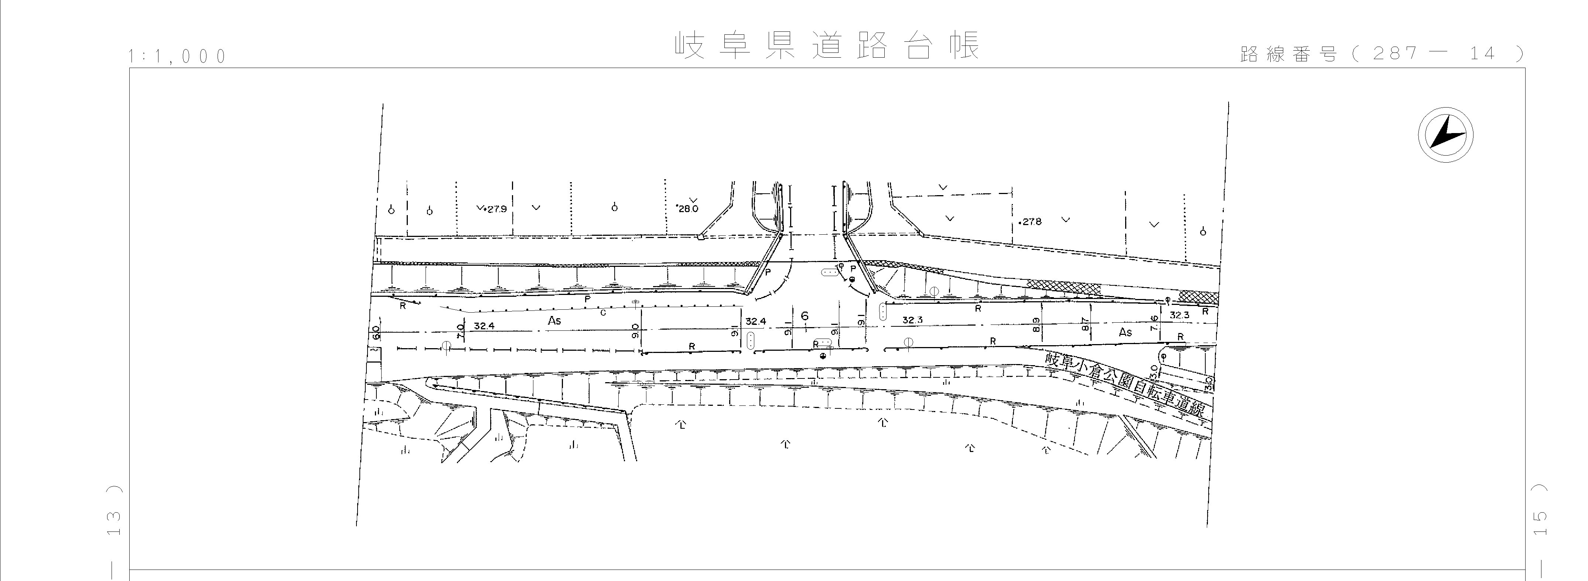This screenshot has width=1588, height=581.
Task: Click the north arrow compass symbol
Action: (x=1445, y=135)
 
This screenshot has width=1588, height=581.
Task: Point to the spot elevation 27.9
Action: (x=495, y=209)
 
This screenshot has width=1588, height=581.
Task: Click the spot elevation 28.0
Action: (x=688, y=208)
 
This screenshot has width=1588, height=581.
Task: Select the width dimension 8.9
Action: (x=1036, y=325)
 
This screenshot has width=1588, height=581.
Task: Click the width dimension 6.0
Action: (x=375, y=334)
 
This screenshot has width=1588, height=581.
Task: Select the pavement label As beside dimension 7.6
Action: (x=1126, y=332)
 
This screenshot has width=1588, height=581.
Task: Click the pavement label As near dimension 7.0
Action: (x=554, y=321)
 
